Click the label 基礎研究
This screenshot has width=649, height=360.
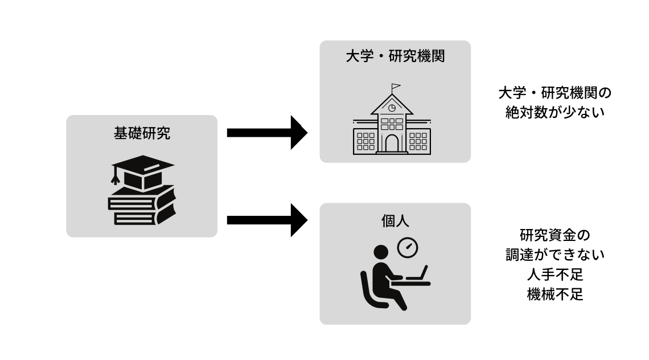point(142,134)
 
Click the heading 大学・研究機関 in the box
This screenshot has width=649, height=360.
point(395,57)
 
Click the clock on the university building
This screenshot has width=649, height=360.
point(392,108)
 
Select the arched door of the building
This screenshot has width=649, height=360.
point(392,143)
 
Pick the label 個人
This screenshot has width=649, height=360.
point(395,221)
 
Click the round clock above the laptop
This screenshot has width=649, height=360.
point(408,247)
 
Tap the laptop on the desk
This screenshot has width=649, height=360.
point(417,276)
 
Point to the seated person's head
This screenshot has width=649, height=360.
point(380,252)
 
